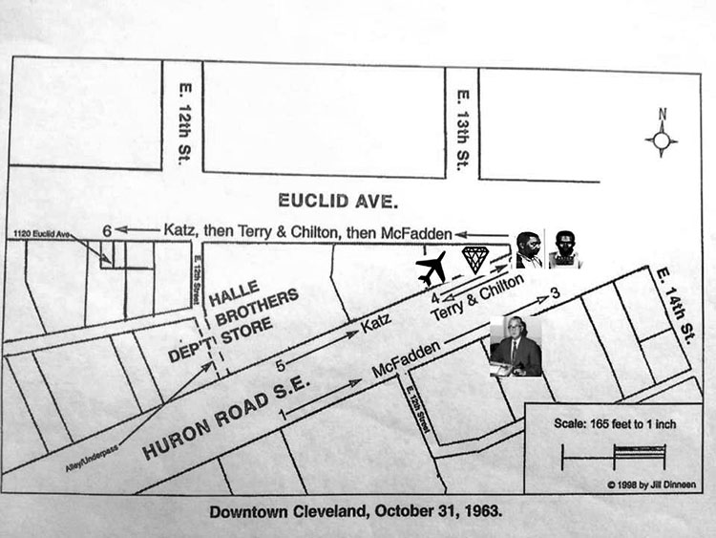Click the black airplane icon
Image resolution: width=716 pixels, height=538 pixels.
click(437, 269)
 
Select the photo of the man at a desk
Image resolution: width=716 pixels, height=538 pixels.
click(516, 346)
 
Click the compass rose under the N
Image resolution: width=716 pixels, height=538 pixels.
click(661, 142)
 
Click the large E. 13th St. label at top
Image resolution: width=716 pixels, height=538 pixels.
click(461, 125)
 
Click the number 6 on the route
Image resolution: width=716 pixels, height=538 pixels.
click(108, 229)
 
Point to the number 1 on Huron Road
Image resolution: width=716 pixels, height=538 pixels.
click(281, 413)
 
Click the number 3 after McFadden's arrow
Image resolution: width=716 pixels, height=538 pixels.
click(555, 296)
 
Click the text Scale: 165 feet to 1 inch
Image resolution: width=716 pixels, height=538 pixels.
click(616, 423)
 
